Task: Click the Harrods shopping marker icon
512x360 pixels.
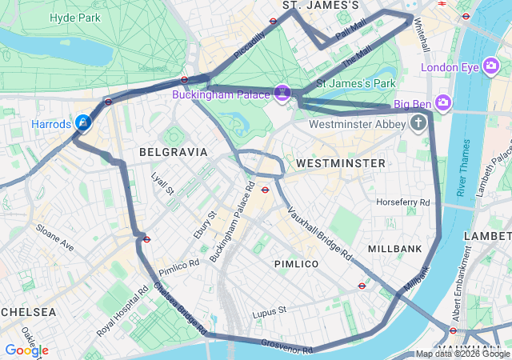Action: [82, 123]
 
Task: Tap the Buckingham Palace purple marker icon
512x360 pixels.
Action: [282, 94]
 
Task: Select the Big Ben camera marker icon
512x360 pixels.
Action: [443, 103]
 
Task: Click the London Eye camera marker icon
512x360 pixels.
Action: [491, 67]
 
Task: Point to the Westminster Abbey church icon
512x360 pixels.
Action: [418, 123]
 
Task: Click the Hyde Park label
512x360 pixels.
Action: [74, 17]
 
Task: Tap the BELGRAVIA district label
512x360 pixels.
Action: [173, 151]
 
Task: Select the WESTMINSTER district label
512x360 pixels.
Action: [341, 163]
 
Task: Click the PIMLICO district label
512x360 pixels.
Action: [296, 263]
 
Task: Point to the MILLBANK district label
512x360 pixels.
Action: [395, 249]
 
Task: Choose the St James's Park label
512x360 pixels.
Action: [357, 82]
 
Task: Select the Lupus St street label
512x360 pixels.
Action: [270, 310]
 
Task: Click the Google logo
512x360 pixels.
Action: [26, 350]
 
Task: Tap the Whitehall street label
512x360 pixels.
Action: [422, 37]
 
